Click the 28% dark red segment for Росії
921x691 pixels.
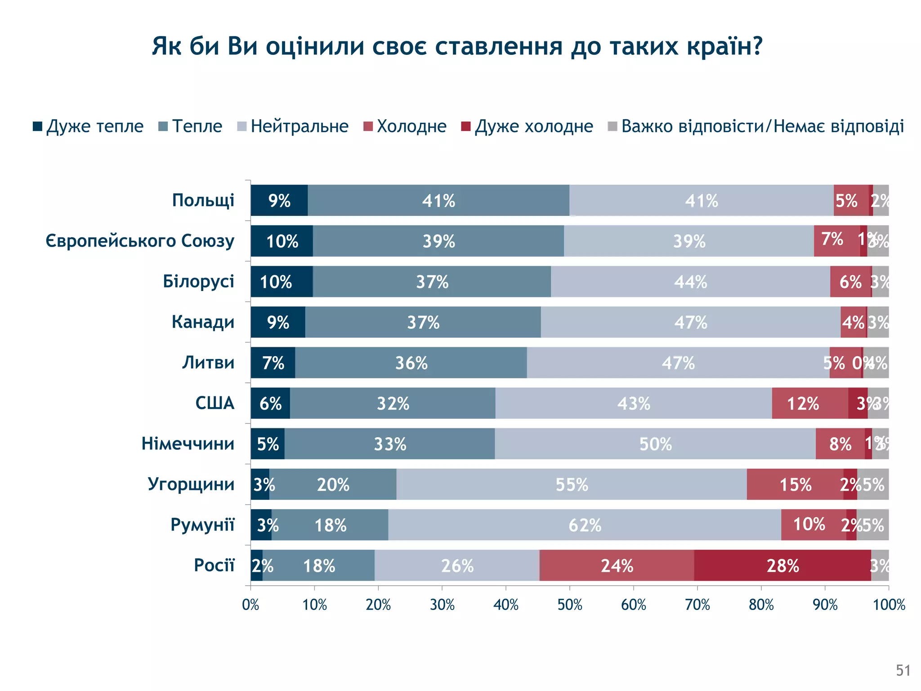pos(782,565)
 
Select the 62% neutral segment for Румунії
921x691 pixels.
pos(585,525)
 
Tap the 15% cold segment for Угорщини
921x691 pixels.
pos(795,485)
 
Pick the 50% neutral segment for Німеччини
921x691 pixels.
pos(655,444)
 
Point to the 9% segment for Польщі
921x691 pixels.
pos(279,201)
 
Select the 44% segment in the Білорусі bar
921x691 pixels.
pos(690,282)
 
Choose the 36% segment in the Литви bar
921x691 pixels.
pos(411,363)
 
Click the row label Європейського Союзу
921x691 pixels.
pos(140,241)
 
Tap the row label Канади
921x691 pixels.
pos(203,322)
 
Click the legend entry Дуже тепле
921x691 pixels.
pos(88,126)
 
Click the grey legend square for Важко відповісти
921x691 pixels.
pos(612,126)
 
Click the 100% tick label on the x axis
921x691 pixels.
pos(889,605)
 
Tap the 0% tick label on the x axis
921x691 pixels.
pos(250,605)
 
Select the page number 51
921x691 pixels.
pos(903,670)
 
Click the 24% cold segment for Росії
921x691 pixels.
pos(617,565)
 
